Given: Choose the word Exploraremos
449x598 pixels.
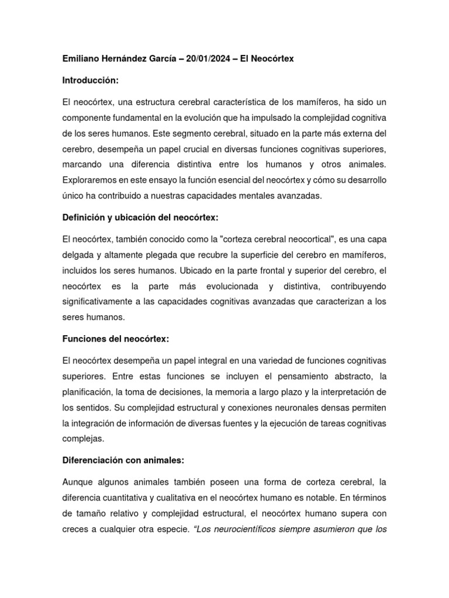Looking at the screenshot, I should coord(91,180).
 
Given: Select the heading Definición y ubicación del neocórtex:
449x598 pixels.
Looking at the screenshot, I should coord(140,217).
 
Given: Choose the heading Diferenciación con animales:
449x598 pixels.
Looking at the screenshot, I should coord(123,460).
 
